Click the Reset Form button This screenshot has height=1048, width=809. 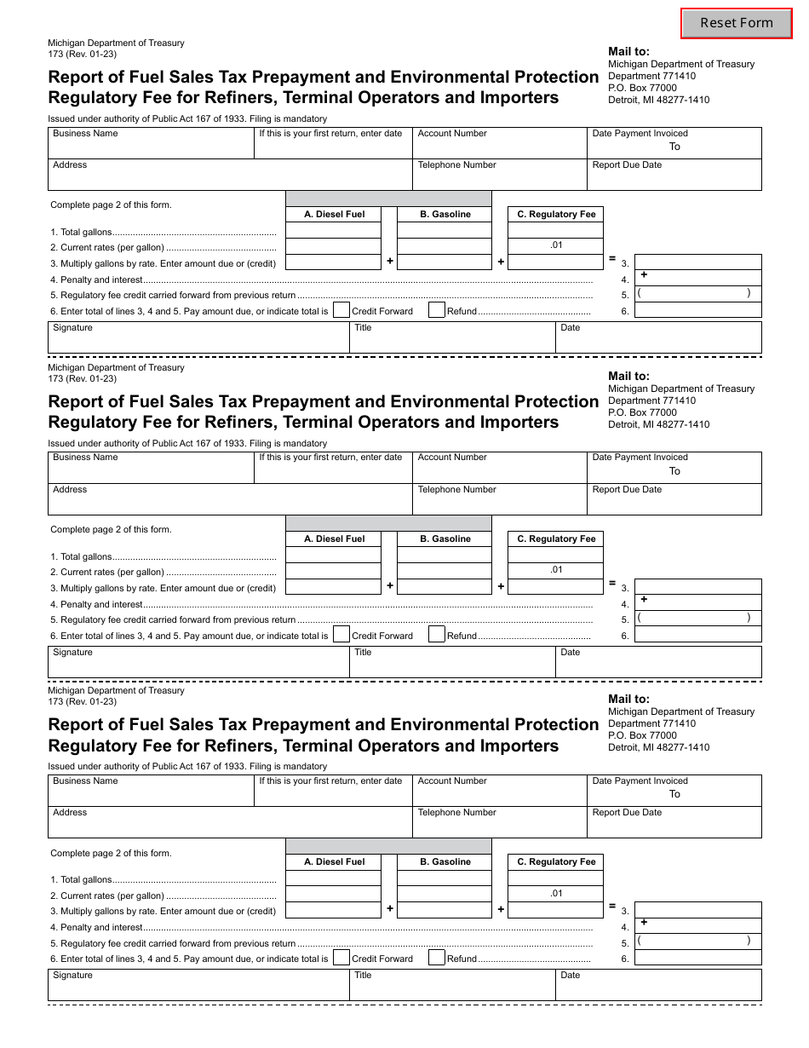(x=736, y=23)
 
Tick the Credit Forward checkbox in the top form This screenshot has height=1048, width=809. (x=341, y=311)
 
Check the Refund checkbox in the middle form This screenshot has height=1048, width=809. (x=436, y=635)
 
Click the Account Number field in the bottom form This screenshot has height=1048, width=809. (x=499, y=791)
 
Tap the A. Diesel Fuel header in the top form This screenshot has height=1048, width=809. (x=334, y=215)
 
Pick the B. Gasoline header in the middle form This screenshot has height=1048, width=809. (x=445, y=539)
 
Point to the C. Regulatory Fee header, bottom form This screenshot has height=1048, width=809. (x=556, y=862)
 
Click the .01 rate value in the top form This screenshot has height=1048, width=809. (x=556, y=245)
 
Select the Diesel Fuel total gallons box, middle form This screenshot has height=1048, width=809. (x=333, y=556)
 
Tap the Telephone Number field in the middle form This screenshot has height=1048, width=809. (x=499, y=500)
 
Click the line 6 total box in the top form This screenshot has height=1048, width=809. (x=697, y=311)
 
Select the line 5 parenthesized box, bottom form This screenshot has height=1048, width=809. (x=697, y=941)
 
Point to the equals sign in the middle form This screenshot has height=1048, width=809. (x=611, y=584)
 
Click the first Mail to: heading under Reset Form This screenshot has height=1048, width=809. (x=628, y=52)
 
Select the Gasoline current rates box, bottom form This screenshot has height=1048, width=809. (x=445, y=895)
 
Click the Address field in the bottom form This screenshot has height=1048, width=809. (x=230, y=822)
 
